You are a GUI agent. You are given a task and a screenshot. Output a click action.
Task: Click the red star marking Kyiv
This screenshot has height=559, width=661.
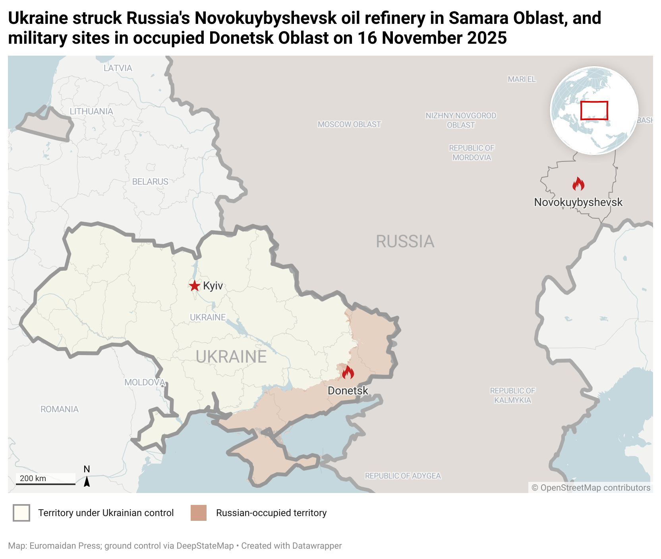(194, 285)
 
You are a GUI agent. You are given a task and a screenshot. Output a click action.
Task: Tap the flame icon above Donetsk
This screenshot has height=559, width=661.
(348, 373)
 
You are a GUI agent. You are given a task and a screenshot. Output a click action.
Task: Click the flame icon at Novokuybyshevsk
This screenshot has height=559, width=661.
(578, 184)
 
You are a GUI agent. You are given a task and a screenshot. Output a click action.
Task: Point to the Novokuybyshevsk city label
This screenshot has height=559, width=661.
(578, 202)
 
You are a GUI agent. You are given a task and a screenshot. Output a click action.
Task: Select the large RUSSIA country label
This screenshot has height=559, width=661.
(405, 241)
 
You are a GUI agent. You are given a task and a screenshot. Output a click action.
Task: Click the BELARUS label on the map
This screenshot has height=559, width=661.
(150, 182)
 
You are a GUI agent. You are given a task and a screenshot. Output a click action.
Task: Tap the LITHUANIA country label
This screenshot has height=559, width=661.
(91, 111)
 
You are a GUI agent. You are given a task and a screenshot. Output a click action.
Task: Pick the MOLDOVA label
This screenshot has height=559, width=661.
(145, 382)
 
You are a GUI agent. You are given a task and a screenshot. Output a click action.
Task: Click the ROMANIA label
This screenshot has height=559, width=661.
(60, 409)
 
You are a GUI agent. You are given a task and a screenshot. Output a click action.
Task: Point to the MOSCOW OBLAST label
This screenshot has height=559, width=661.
(349, 124)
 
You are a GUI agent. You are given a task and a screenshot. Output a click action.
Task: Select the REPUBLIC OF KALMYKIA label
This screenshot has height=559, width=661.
(512, 395)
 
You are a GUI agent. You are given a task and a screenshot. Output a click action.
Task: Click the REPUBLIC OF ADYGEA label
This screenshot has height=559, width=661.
(403, 476)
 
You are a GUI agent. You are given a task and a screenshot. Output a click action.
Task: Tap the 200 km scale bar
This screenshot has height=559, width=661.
(45, 483)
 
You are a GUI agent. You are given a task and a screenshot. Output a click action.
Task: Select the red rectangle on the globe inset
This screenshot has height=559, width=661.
(594, 111)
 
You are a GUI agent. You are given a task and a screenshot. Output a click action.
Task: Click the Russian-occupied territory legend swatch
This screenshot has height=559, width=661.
(199, 513)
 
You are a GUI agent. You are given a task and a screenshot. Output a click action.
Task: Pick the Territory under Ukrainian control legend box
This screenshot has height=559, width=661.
(21, 513)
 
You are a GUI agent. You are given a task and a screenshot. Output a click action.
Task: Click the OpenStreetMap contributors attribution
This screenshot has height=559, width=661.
(591, 487)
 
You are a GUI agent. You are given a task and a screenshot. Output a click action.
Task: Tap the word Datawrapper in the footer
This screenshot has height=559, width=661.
(317, 546)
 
